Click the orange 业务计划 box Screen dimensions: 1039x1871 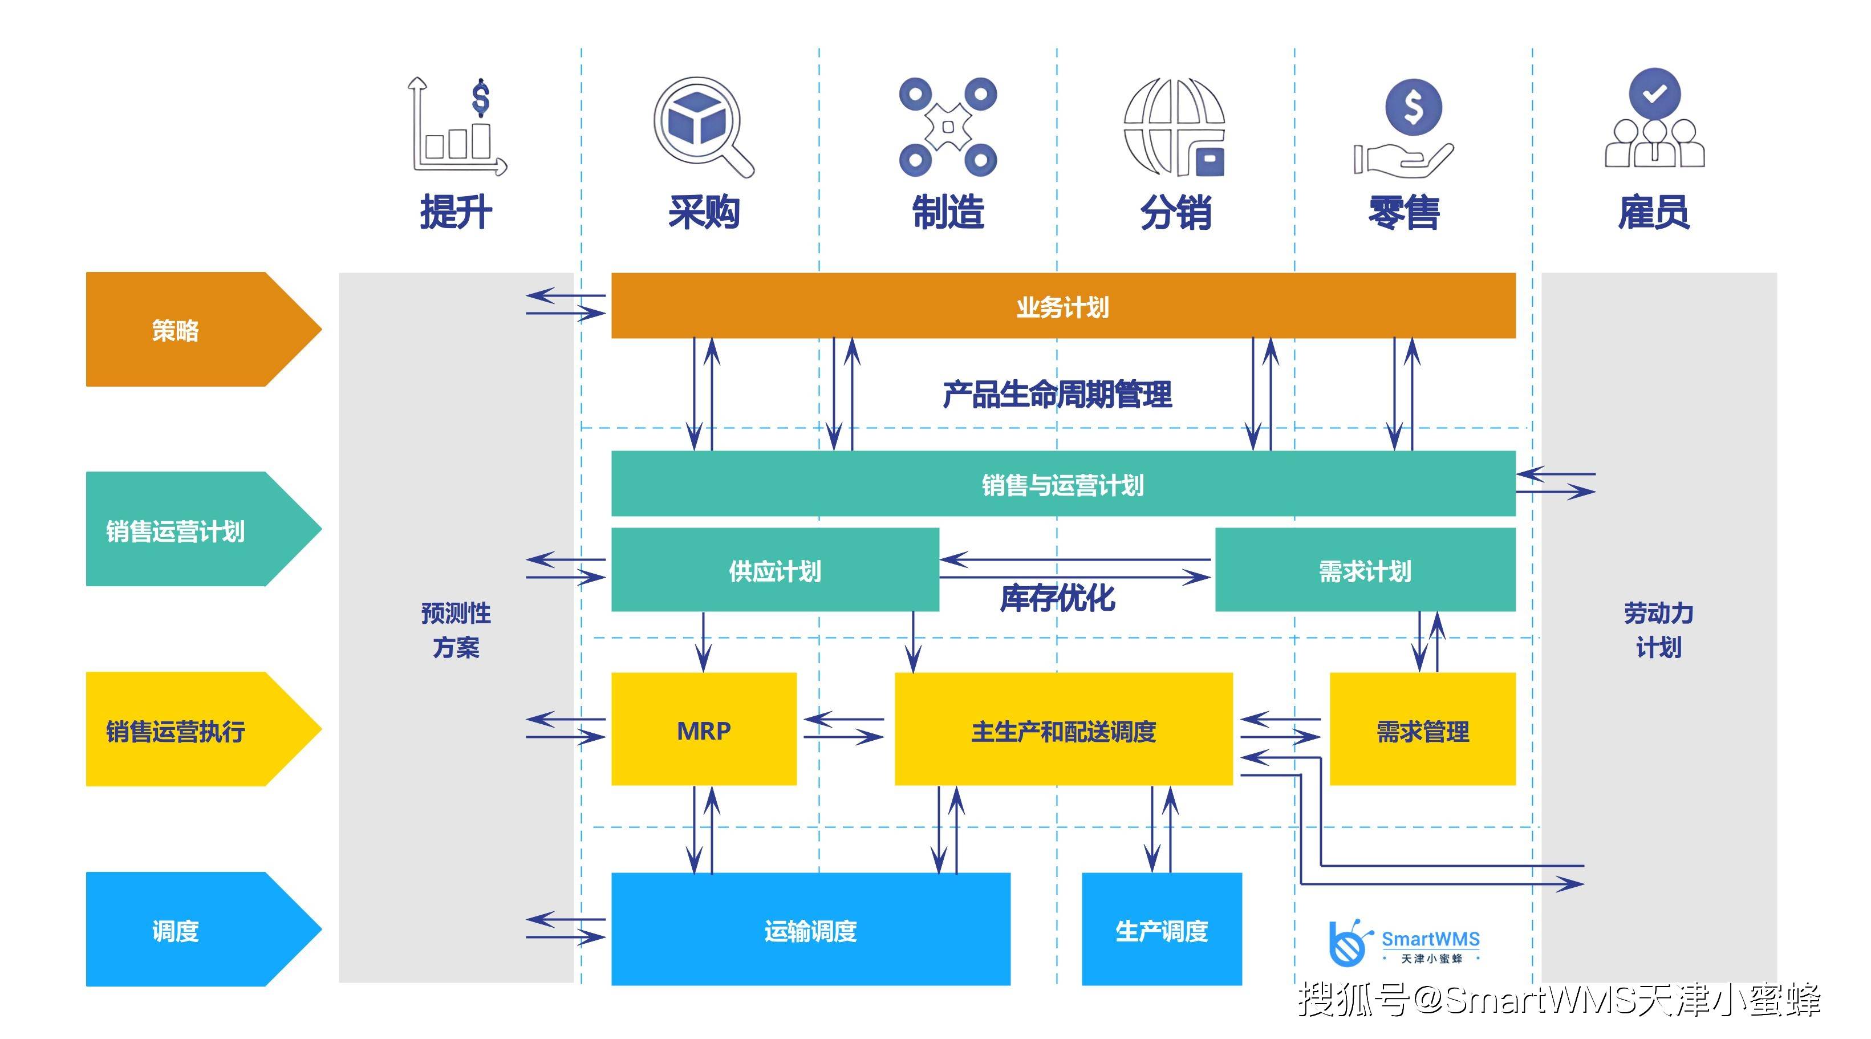[1062, 306]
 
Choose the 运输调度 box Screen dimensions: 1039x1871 [810, 930]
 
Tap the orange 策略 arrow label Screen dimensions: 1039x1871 [176, 330]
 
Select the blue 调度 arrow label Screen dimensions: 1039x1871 [176, 930]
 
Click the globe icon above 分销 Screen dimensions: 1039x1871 [1174, 127]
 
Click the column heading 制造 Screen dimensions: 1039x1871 [947, 212]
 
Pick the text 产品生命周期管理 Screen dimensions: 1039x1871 [1056, 394]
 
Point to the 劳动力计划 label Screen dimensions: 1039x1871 [1658, 630]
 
